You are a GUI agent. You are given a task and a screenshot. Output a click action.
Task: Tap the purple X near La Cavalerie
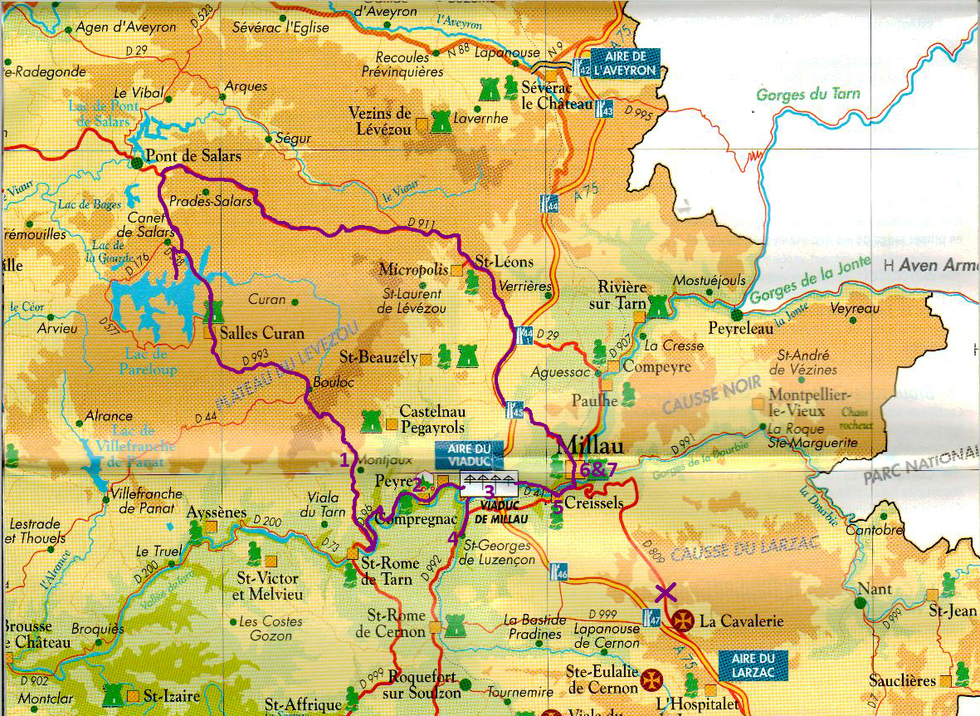pos(665,592)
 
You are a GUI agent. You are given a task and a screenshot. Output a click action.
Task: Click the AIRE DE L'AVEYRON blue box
pos(625,64)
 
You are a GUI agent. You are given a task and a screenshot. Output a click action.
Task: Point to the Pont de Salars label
pos(193,156)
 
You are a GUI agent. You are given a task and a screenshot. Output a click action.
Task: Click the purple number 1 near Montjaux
pos(345,459)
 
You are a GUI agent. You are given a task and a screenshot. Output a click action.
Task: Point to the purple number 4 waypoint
pos(452,537)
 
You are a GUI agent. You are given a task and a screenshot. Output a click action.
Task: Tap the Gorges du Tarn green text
pos(808,95)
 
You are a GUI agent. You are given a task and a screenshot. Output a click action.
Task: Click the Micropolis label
pos(413,269)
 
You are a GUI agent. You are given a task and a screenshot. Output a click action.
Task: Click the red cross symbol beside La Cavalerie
pos(682,620)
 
